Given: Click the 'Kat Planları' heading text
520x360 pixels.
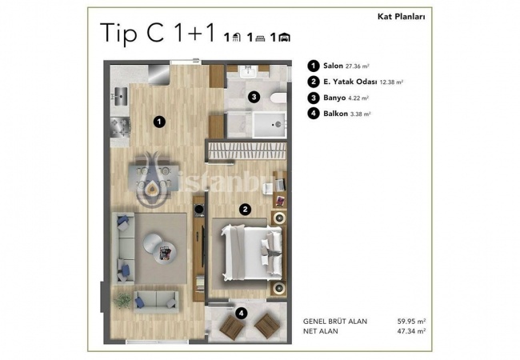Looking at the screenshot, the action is (402, 17).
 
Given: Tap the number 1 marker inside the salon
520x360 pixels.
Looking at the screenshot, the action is (159, 122).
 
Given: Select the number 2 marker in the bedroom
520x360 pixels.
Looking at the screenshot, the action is (245, 209).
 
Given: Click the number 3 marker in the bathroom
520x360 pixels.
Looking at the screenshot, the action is (254, 97).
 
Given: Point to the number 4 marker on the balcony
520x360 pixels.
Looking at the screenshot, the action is (241, 313).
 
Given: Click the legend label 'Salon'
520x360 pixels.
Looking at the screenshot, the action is (333, 66).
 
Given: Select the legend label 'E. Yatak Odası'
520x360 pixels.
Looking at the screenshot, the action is (350, 82).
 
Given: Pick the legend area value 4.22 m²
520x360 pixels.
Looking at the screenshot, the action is (359, 98).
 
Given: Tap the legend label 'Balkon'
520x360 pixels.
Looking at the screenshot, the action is (336, 114).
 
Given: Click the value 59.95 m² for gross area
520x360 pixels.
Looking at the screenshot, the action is (411, 322).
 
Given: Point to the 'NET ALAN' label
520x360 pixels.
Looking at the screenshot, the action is (321, 331).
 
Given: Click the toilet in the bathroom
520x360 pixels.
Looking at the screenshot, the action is (278, 98).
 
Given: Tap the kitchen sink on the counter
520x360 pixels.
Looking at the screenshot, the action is (121, 97).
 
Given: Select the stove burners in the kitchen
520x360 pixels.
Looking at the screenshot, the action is (120, 127).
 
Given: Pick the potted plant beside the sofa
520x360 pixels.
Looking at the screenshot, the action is (122, 301).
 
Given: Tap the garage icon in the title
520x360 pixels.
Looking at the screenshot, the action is (285, 38).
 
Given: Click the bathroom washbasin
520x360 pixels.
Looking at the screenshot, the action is (247, 71).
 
